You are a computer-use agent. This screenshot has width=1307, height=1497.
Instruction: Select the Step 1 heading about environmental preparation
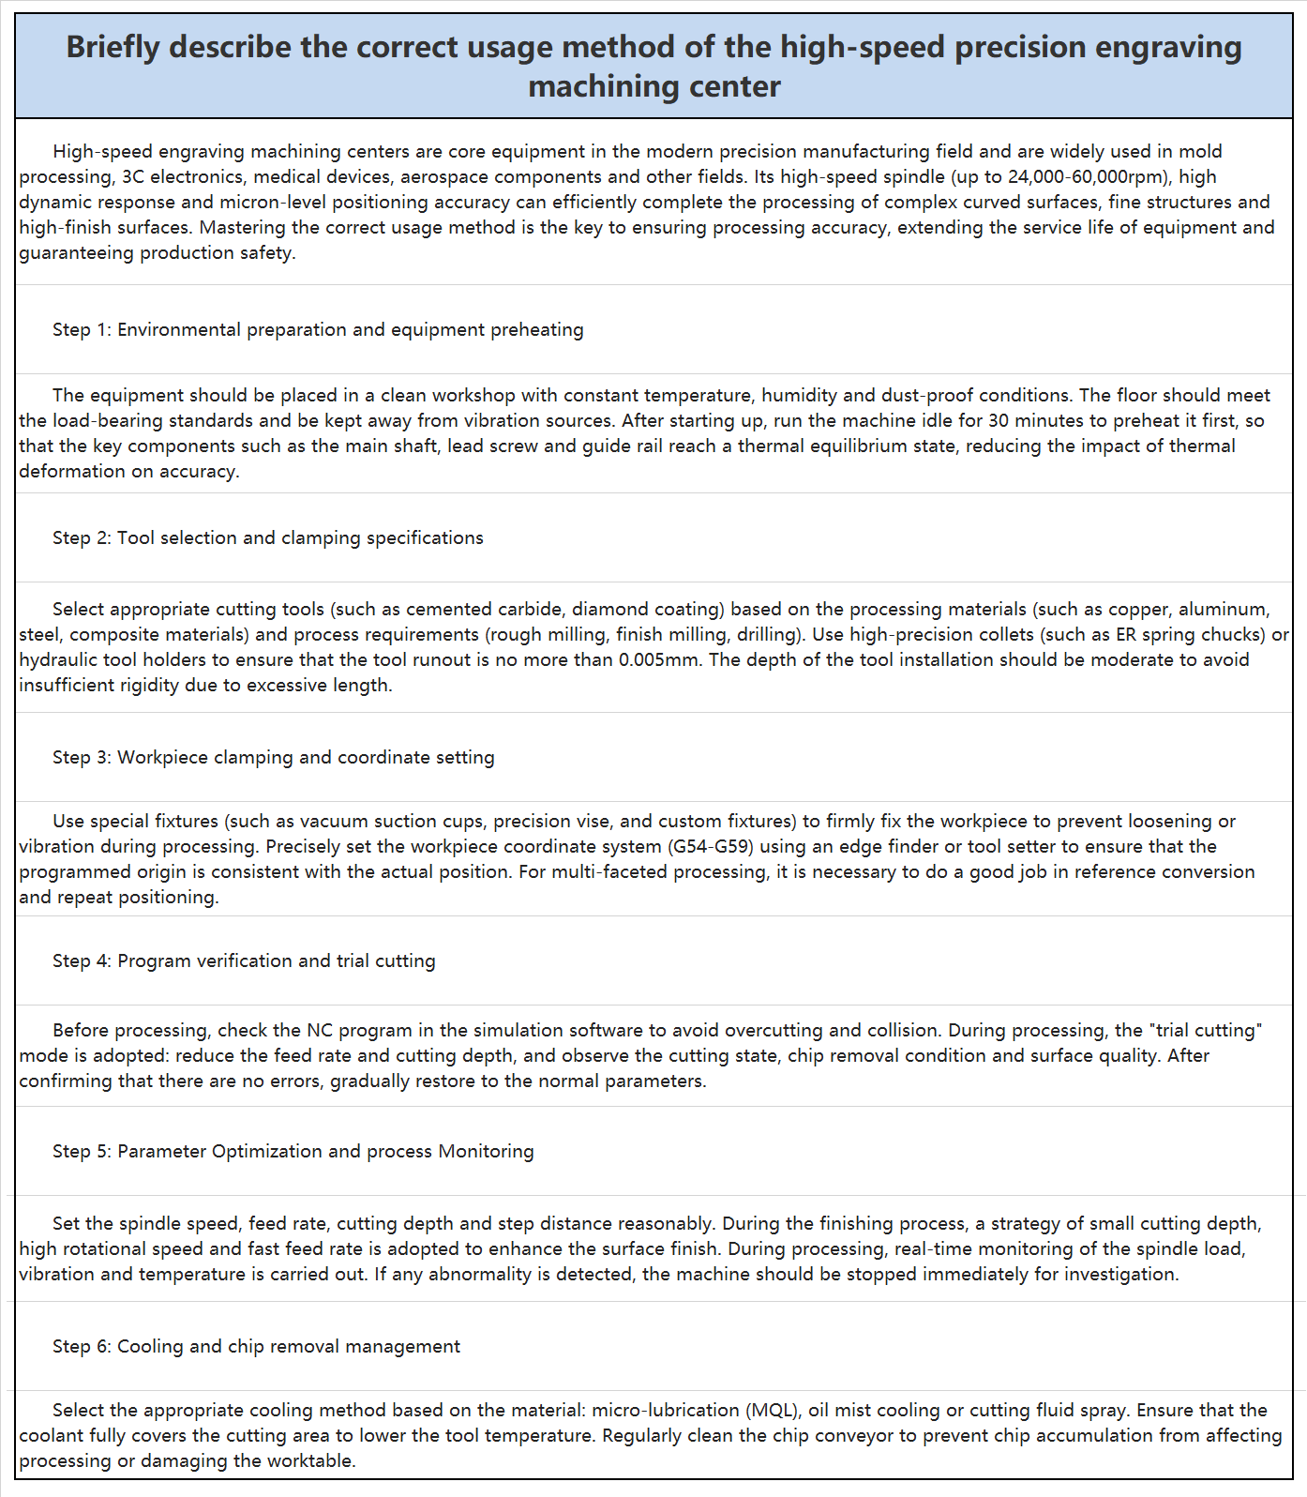(x=318, y=329)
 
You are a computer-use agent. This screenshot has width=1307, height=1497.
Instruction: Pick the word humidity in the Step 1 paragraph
(x=798, y=395)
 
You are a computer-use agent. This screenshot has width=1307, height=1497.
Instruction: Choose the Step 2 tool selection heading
(x=268, y=537)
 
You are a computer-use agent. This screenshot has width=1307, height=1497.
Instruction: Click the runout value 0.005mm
(x=659, y=659)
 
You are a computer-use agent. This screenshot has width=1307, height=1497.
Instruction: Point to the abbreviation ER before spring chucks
(x=1125, y=634)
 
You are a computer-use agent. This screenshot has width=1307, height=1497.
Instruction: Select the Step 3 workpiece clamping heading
(x=274, y=757)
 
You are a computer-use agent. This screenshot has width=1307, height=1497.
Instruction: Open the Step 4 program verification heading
(x=244, y=960)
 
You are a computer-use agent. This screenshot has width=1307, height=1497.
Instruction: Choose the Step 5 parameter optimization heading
(x=293, y=1151)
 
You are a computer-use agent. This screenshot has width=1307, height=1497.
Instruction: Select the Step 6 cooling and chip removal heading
(x=256, y=1346)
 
